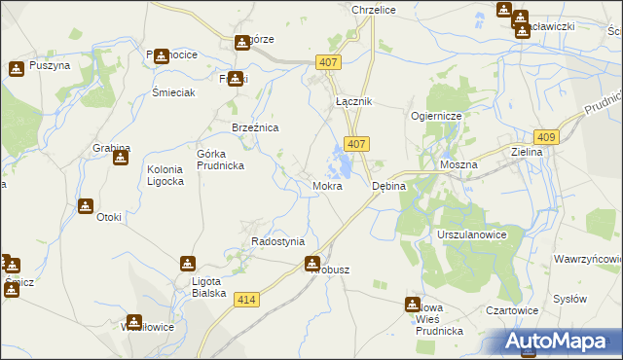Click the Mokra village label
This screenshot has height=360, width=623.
point(327,185)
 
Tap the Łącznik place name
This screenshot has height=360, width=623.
point(354,102)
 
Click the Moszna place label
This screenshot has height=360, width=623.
point(458,165)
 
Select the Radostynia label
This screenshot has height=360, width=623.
point(277,241)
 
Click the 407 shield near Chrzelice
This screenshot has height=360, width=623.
point(328,62)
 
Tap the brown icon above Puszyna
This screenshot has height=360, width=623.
point(17,69)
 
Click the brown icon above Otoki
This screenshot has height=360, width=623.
point(86,206)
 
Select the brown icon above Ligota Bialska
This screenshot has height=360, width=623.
point(188,263)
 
